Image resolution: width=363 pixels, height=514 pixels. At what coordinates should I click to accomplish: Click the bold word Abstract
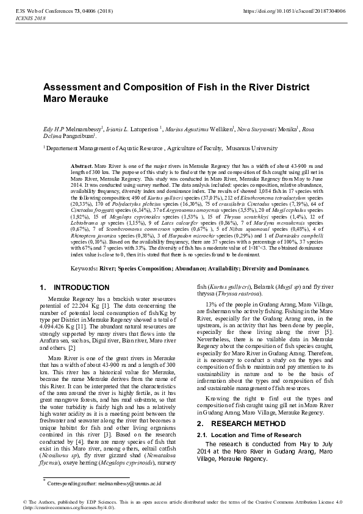coord(81,166)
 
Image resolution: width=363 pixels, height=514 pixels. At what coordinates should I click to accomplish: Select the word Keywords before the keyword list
coord(84,268)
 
